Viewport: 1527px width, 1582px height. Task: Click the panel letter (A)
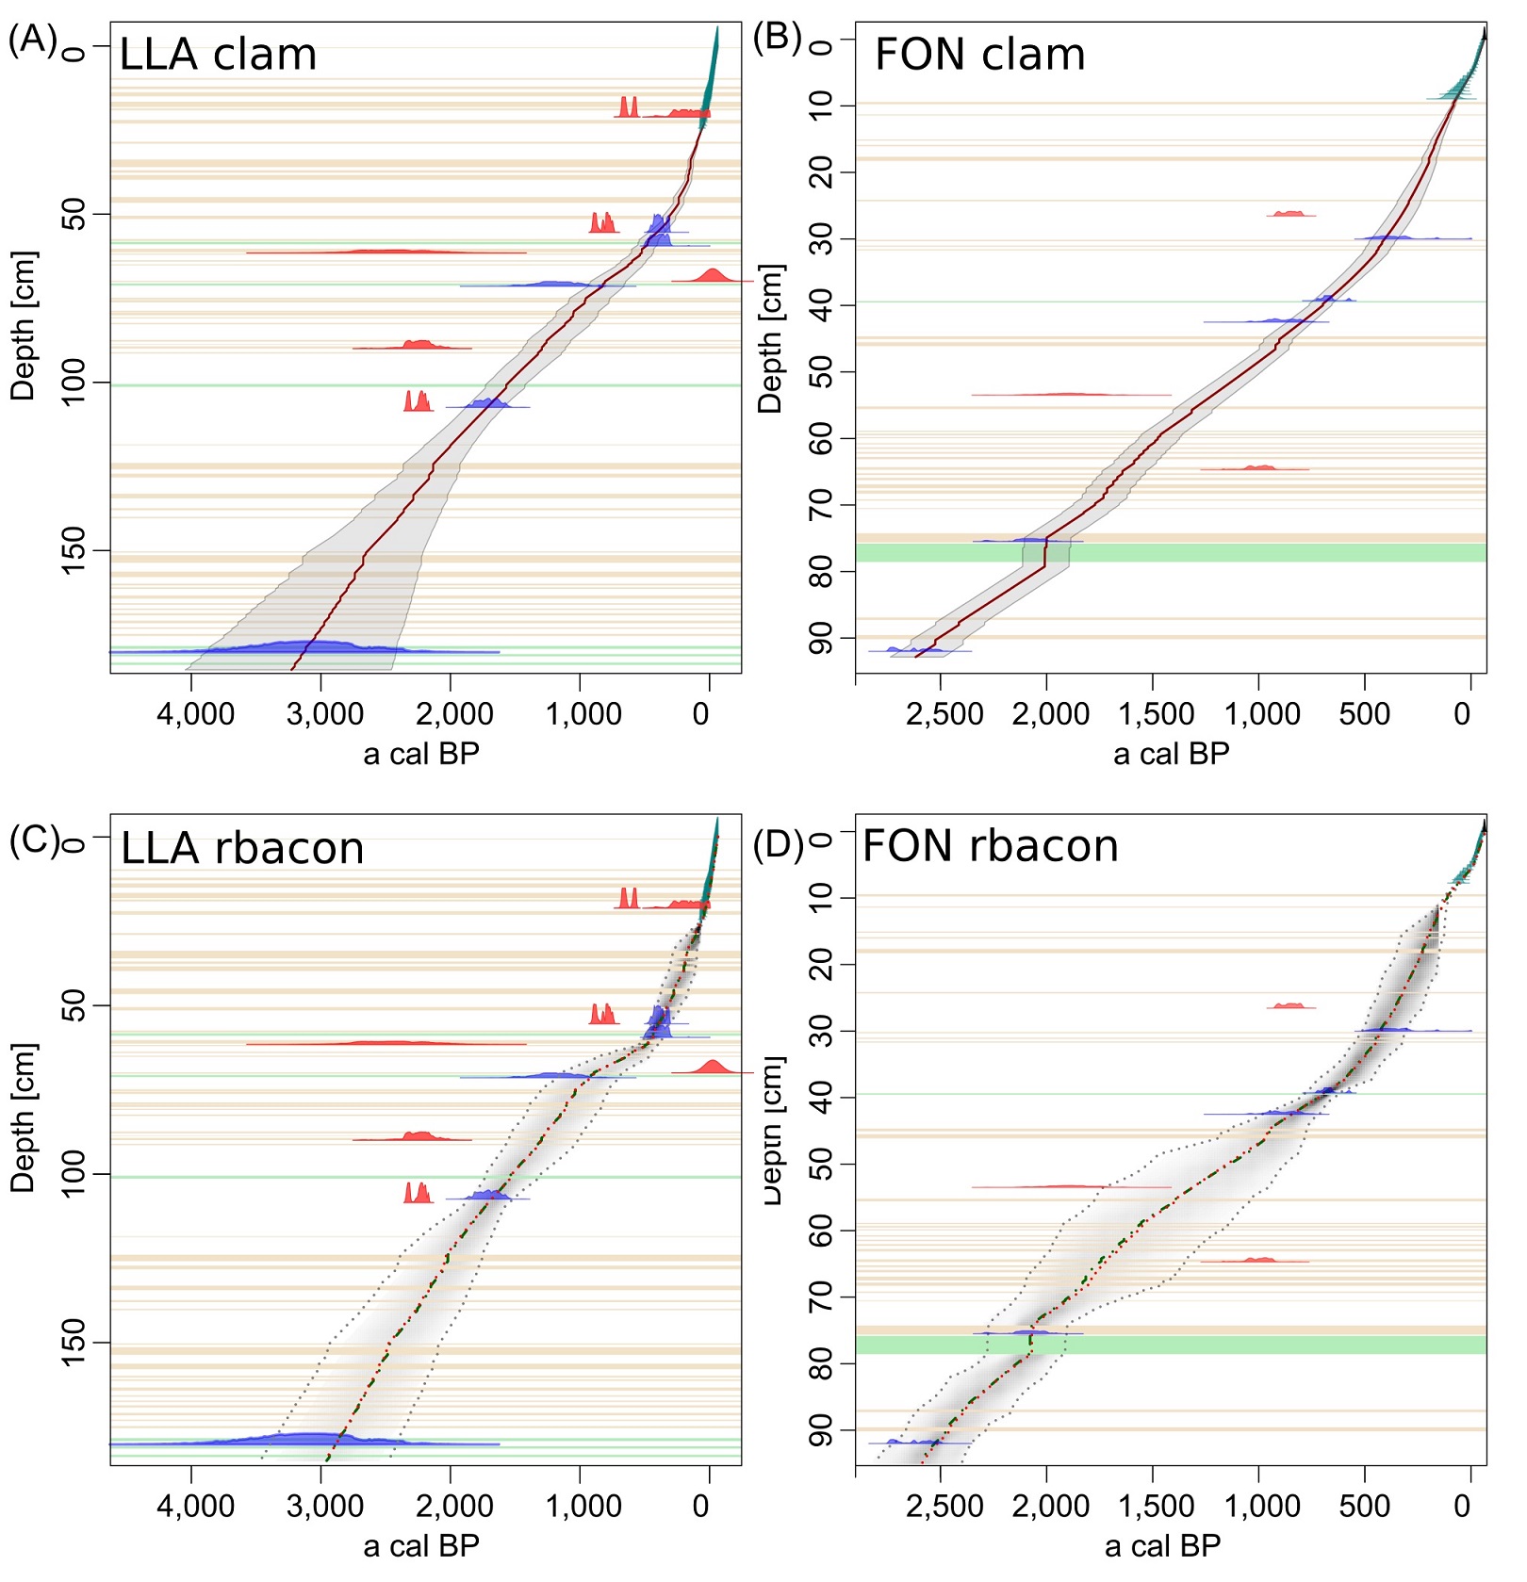[x=32, y=41]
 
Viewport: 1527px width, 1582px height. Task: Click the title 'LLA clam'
[x=218, y=55]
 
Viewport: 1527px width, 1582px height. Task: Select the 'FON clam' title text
[x=979, y=55]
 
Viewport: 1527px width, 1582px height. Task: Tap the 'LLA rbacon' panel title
[x=242, y=848]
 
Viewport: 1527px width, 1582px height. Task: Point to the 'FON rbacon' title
[x=990, y=845]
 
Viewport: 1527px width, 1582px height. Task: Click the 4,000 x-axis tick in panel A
[x=195, y=713]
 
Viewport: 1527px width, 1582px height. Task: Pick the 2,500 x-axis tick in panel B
[x=944, y=714]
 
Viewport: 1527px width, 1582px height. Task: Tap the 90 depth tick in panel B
[x=821, y=639]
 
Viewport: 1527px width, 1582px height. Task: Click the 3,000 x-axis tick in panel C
[x=324, y=1505]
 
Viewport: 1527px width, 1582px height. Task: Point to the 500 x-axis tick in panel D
[x=1364, y=1506]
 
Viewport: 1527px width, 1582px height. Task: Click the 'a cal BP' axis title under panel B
[x=1171, y=754]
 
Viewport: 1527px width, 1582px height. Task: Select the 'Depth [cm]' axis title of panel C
[x=23, y=1117]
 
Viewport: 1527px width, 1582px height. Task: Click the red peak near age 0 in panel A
[x=713, y=275]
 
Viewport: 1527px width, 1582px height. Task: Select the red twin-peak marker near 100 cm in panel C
[x=418, y=1193]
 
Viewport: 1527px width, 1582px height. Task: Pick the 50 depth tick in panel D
[x=821, y=1165]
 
